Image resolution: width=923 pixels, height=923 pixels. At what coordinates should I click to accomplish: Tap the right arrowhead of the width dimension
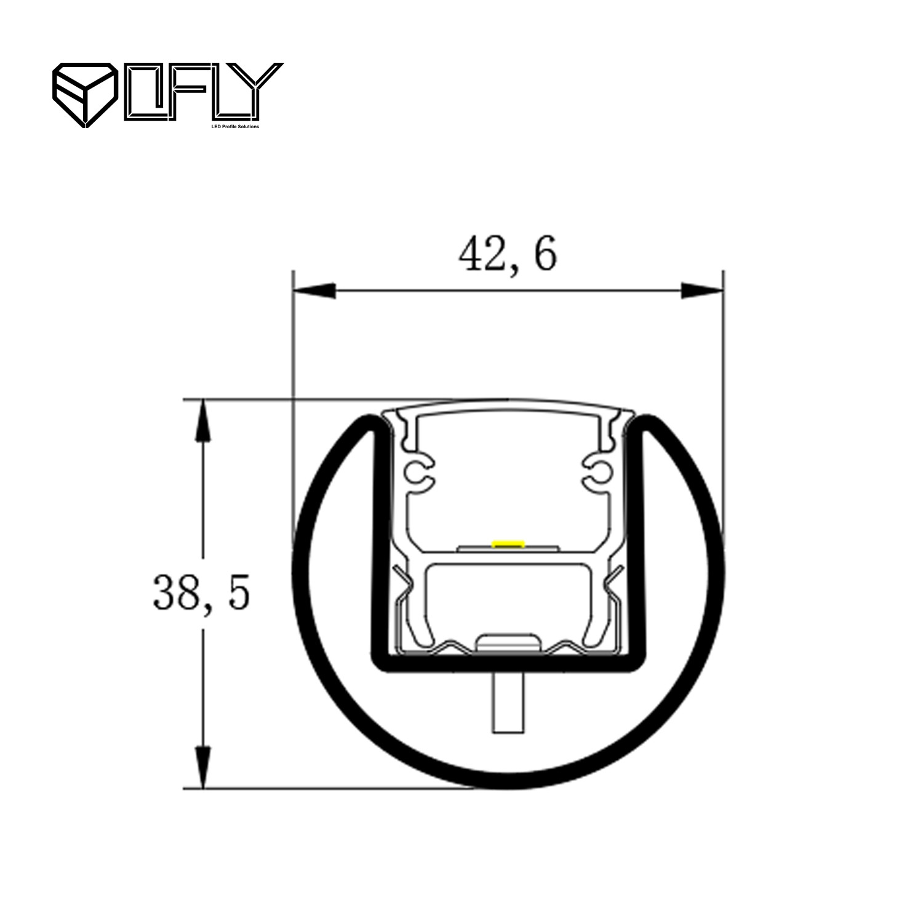click(x=700, y=291)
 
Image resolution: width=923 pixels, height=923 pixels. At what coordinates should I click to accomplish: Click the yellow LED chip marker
click(x=508, y=543)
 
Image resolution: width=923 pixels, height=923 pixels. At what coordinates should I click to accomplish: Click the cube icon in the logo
click(x=85, y=94)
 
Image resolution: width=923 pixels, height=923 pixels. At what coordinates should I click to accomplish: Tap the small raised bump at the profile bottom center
click(x=508, y=641)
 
